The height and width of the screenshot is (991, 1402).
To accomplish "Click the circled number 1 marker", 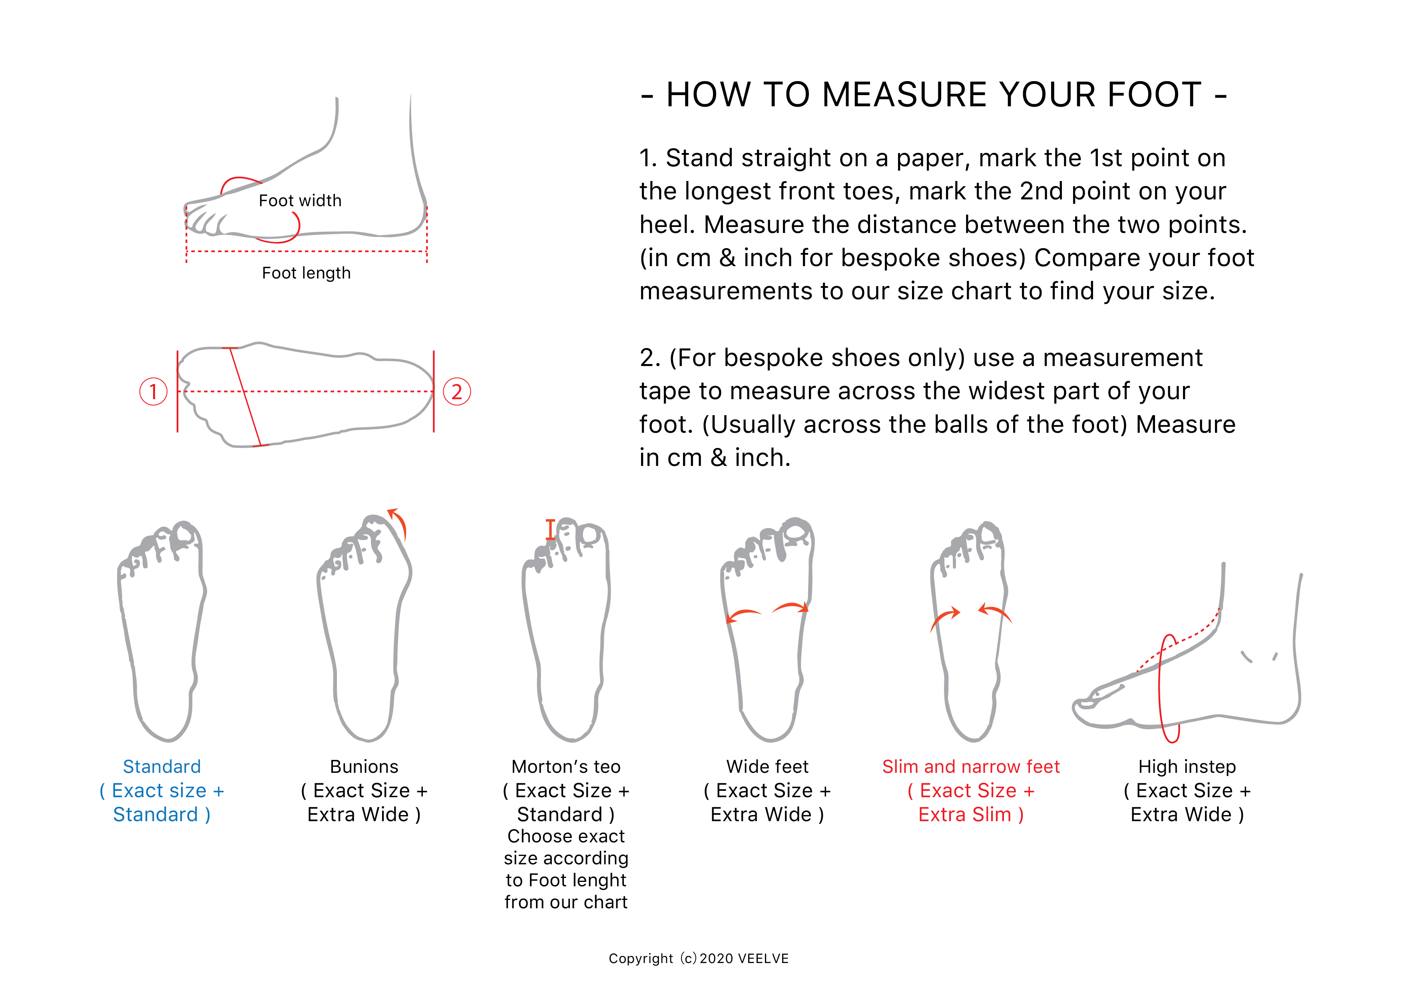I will pyautogui.click(x=153, y=391).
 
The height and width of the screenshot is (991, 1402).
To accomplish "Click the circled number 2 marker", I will pyautogui.click(x=457, y=391).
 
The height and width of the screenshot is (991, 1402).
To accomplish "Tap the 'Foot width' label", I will pyautogui.click(x=300, y=201).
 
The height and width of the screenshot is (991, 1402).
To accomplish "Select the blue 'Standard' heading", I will pyautogui.click(x=162, y=766).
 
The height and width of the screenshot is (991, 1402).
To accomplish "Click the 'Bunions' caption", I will pyautogui.click(x=364, y=766).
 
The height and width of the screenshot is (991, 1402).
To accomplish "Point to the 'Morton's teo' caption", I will pyautogui.click(x=566, y=766).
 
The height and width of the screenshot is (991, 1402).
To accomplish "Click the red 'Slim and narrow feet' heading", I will pyautogui.click(x=971, y=766).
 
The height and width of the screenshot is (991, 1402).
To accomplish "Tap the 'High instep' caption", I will pyautogui.click(x=1187, y=766).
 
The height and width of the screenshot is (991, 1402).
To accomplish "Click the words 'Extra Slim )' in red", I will pyautogui.click(x=971, y=814).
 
